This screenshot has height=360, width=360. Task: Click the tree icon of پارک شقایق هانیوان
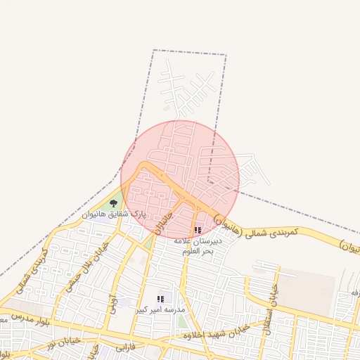[114, 203]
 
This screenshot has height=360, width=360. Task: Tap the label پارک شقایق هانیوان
[115, 213]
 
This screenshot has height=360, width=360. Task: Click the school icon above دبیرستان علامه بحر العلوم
[198, 230]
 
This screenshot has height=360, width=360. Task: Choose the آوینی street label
[113, 303]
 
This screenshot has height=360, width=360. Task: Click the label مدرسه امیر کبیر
[161, 309]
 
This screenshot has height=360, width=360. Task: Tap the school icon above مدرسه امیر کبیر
[161, 300]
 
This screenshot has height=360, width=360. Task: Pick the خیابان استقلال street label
[269, 309]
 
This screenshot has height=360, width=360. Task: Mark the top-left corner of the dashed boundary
[154, 50]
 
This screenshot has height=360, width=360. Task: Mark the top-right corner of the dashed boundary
[226, 54]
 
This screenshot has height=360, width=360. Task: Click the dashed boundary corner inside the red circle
[209, 182]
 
